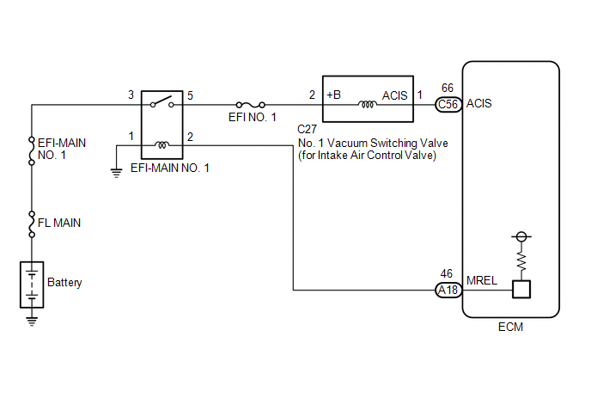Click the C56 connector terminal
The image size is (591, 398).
(x=448, y=105)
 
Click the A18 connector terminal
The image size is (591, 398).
(x=448, y=290)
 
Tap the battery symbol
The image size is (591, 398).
(x=32, y=285)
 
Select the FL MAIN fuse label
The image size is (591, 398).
(x=59, y=223)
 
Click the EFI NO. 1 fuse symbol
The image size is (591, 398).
(x=250, y=105)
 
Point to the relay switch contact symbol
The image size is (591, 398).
(x=162, y=101)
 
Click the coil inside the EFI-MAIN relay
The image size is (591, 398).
(x=162, y=144)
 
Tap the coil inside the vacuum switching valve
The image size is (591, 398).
(x=368, y=104)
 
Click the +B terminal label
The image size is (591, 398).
(x=333, y=95)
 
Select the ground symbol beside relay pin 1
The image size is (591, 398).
(x=117, y=173)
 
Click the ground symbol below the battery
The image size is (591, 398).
(x=32, y=321)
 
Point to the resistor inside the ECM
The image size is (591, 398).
(x=521, y=260)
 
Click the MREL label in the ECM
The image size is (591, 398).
(x=482, y=281)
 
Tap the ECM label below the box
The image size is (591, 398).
(x=511, y=327)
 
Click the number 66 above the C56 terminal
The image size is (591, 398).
(x=448, y=88)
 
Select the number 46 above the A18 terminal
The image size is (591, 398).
(x=447, y=273)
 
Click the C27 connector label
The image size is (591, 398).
(x=307, y=130)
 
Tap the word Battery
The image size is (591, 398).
(x=64, y=283)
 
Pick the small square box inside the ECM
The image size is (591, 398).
(x=521, y=290)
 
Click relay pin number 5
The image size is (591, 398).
(x=190, y=95)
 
